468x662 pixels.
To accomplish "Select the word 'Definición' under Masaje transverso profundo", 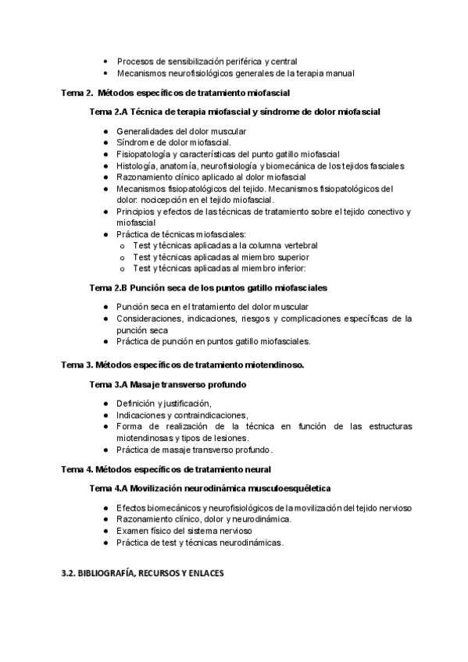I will pos(137,403).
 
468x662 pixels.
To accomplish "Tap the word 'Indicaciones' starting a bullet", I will pos(142,415).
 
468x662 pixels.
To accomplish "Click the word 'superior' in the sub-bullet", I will pos(291,257).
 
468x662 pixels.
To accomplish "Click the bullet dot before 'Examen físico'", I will pos(105,531).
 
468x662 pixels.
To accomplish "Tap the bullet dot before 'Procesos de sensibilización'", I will pos(105,61).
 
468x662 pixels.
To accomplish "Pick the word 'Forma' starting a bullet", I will pos(130,427).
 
